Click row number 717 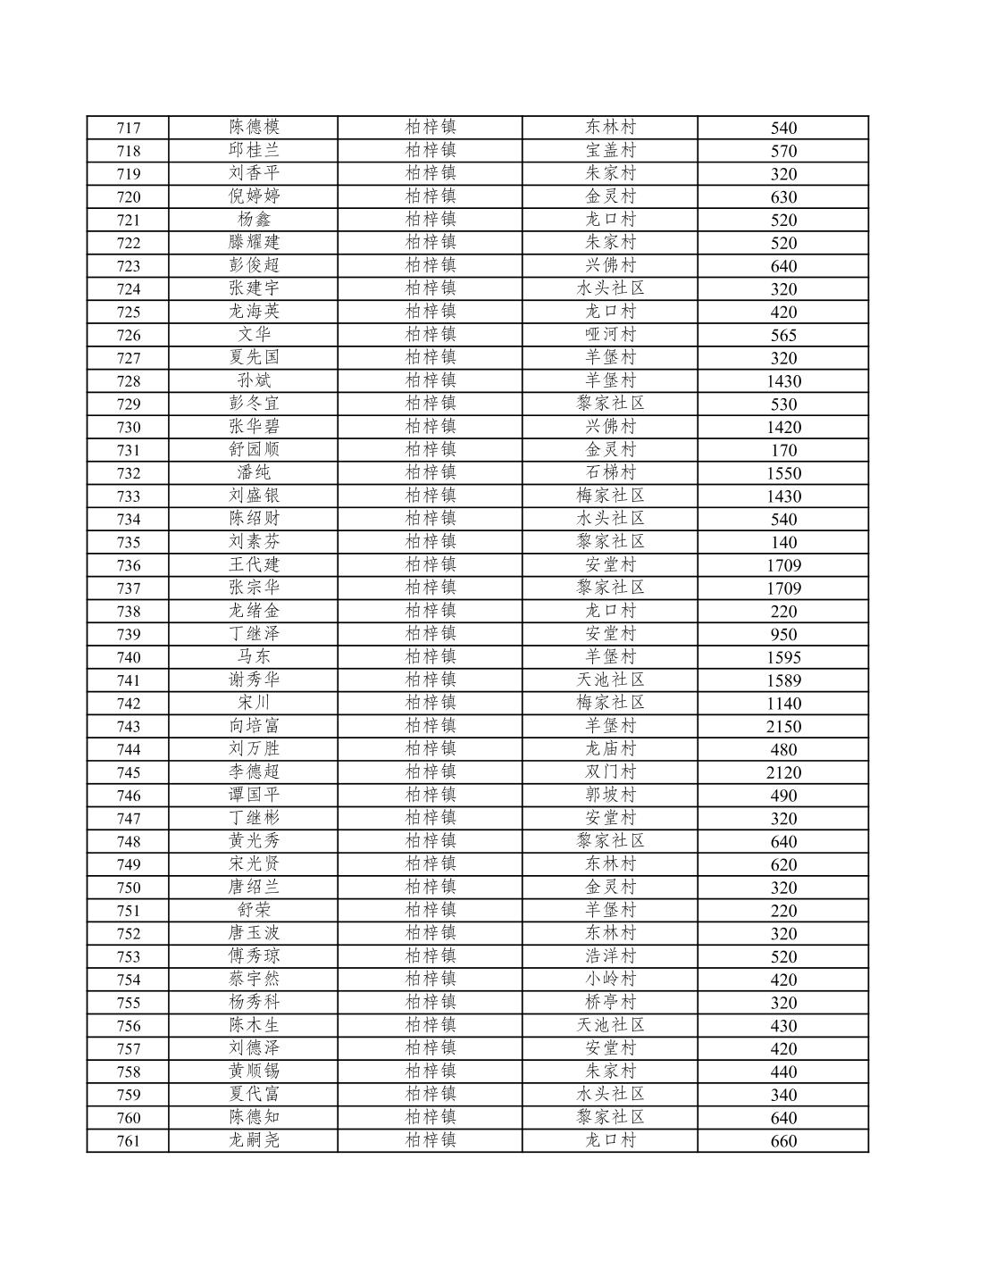coord(129,128)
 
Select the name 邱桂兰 coord(254,150)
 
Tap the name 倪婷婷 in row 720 coord(254,196)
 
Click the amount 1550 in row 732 coord(783,473)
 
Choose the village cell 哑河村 coord(610,335)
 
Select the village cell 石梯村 coord(610,473)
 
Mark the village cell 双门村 coord(610,772)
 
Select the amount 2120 coord(783,772)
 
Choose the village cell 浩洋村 coord(610,956)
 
